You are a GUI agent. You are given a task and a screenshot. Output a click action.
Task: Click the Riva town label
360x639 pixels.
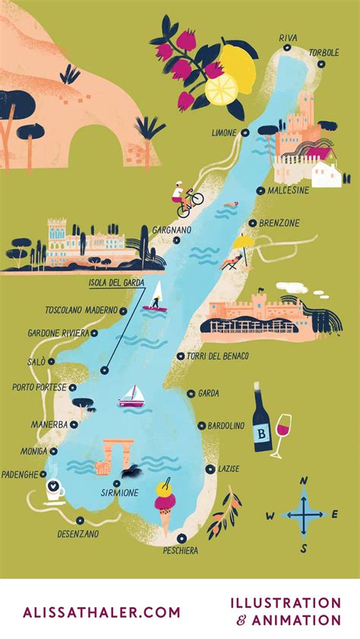288,37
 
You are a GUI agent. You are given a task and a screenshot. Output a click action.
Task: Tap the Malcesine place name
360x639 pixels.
288,190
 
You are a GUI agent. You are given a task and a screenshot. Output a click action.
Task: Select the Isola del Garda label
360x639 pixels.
112,284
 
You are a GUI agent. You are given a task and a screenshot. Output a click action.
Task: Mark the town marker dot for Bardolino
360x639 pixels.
201,426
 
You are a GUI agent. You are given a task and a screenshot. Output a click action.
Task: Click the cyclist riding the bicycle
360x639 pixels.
185,200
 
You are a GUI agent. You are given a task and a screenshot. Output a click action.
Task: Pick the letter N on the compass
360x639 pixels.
304,480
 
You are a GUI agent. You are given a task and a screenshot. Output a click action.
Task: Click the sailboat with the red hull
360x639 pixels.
131,397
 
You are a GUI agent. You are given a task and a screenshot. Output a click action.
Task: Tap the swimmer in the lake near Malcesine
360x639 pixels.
235,203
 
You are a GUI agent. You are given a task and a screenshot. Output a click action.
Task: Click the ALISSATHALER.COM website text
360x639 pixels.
102,612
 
